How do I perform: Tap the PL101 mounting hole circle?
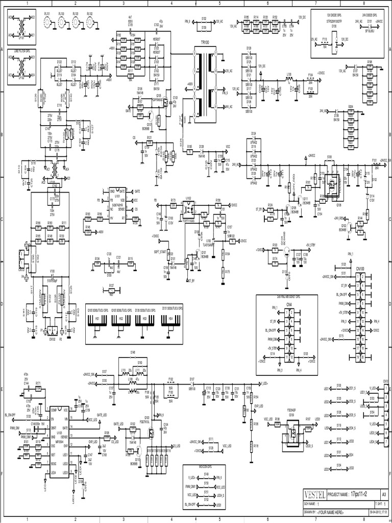(48, 22)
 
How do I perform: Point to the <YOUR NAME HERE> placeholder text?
(334, 512)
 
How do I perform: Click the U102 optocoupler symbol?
(188, 208)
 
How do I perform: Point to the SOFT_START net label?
(159, 251)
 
